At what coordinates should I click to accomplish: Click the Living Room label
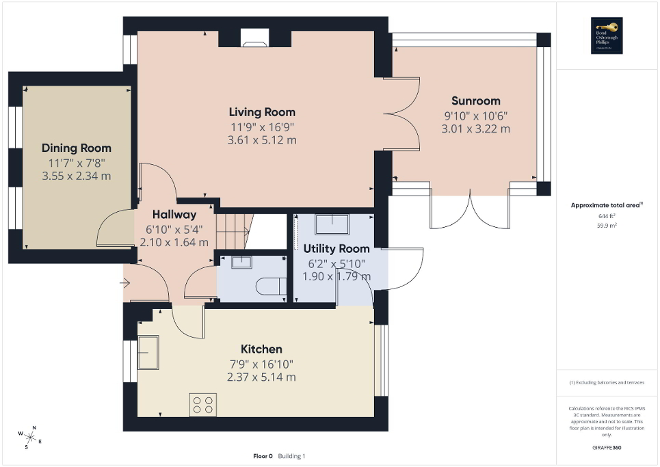click(x=262, y=112)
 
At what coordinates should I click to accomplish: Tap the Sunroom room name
click(x=475, y=101)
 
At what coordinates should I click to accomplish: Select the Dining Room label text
click(x=77, y=148)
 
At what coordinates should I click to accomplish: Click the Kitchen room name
click(x=261, y=349)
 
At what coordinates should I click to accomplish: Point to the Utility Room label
click(x=336, y=249)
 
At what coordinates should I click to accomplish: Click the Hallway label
click(x=174, y=214)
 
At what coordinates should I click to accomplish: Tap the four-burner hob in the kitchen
click(x=203, y=405)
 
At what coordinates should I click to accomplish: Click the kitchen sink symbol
click(x=148, y=351)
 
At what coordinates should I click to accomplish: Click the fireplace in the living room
click(x=255, y=42)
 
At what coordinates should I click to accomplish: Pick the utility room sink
click(x=332, y=224)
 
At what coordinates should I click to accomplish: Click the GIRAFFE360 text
click(x=607, y=448)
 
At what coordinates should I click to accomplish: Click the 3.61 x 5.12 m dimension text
click(x=262, y=140)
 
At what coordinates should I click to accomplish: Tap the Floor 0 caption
click(x=263, y=456)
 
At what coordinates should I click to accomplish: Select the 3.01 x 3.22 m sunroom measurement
click(x=475, y=129)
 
